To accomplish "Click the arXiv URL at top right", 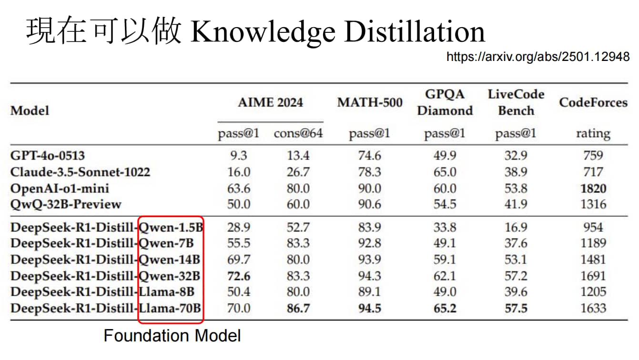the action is (538, 57).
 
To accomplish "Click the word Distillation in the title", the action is (415, 31).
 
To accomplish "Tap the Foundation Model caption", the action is (172, 336).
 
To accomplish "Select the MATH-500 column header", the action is (370, 102).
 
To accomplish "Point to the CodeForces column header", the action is (593, 102).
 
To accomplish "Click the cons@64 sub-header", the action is (298, 133).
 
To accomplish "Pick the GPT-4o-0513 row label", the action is (48, 156).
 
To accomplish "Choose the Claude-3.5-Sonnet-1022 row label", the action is (80, 172).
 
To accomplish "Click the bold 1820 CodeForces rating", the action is (593, 189).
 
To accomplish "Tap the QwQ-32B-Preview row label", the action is (66, 204).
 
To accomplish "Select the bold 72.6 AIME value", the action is (239, 276).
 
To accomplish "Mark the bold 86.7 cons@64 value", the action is (298, 308).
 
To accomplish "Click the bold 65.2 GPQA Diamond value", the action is (445, 308).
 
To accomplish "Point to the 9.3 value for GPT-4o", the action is (239, 156).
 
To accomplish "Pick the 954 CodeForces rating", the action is (593, 227).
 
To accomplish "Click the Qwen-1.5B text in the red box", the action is (171, 227).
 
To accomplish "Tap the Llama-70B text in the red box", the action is (170, 308).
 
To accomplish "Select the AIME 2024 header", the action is (271, 102).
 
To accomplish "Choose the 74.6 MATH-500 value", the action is (370, 156).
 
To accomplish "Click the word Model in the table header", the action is (30, 110).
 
